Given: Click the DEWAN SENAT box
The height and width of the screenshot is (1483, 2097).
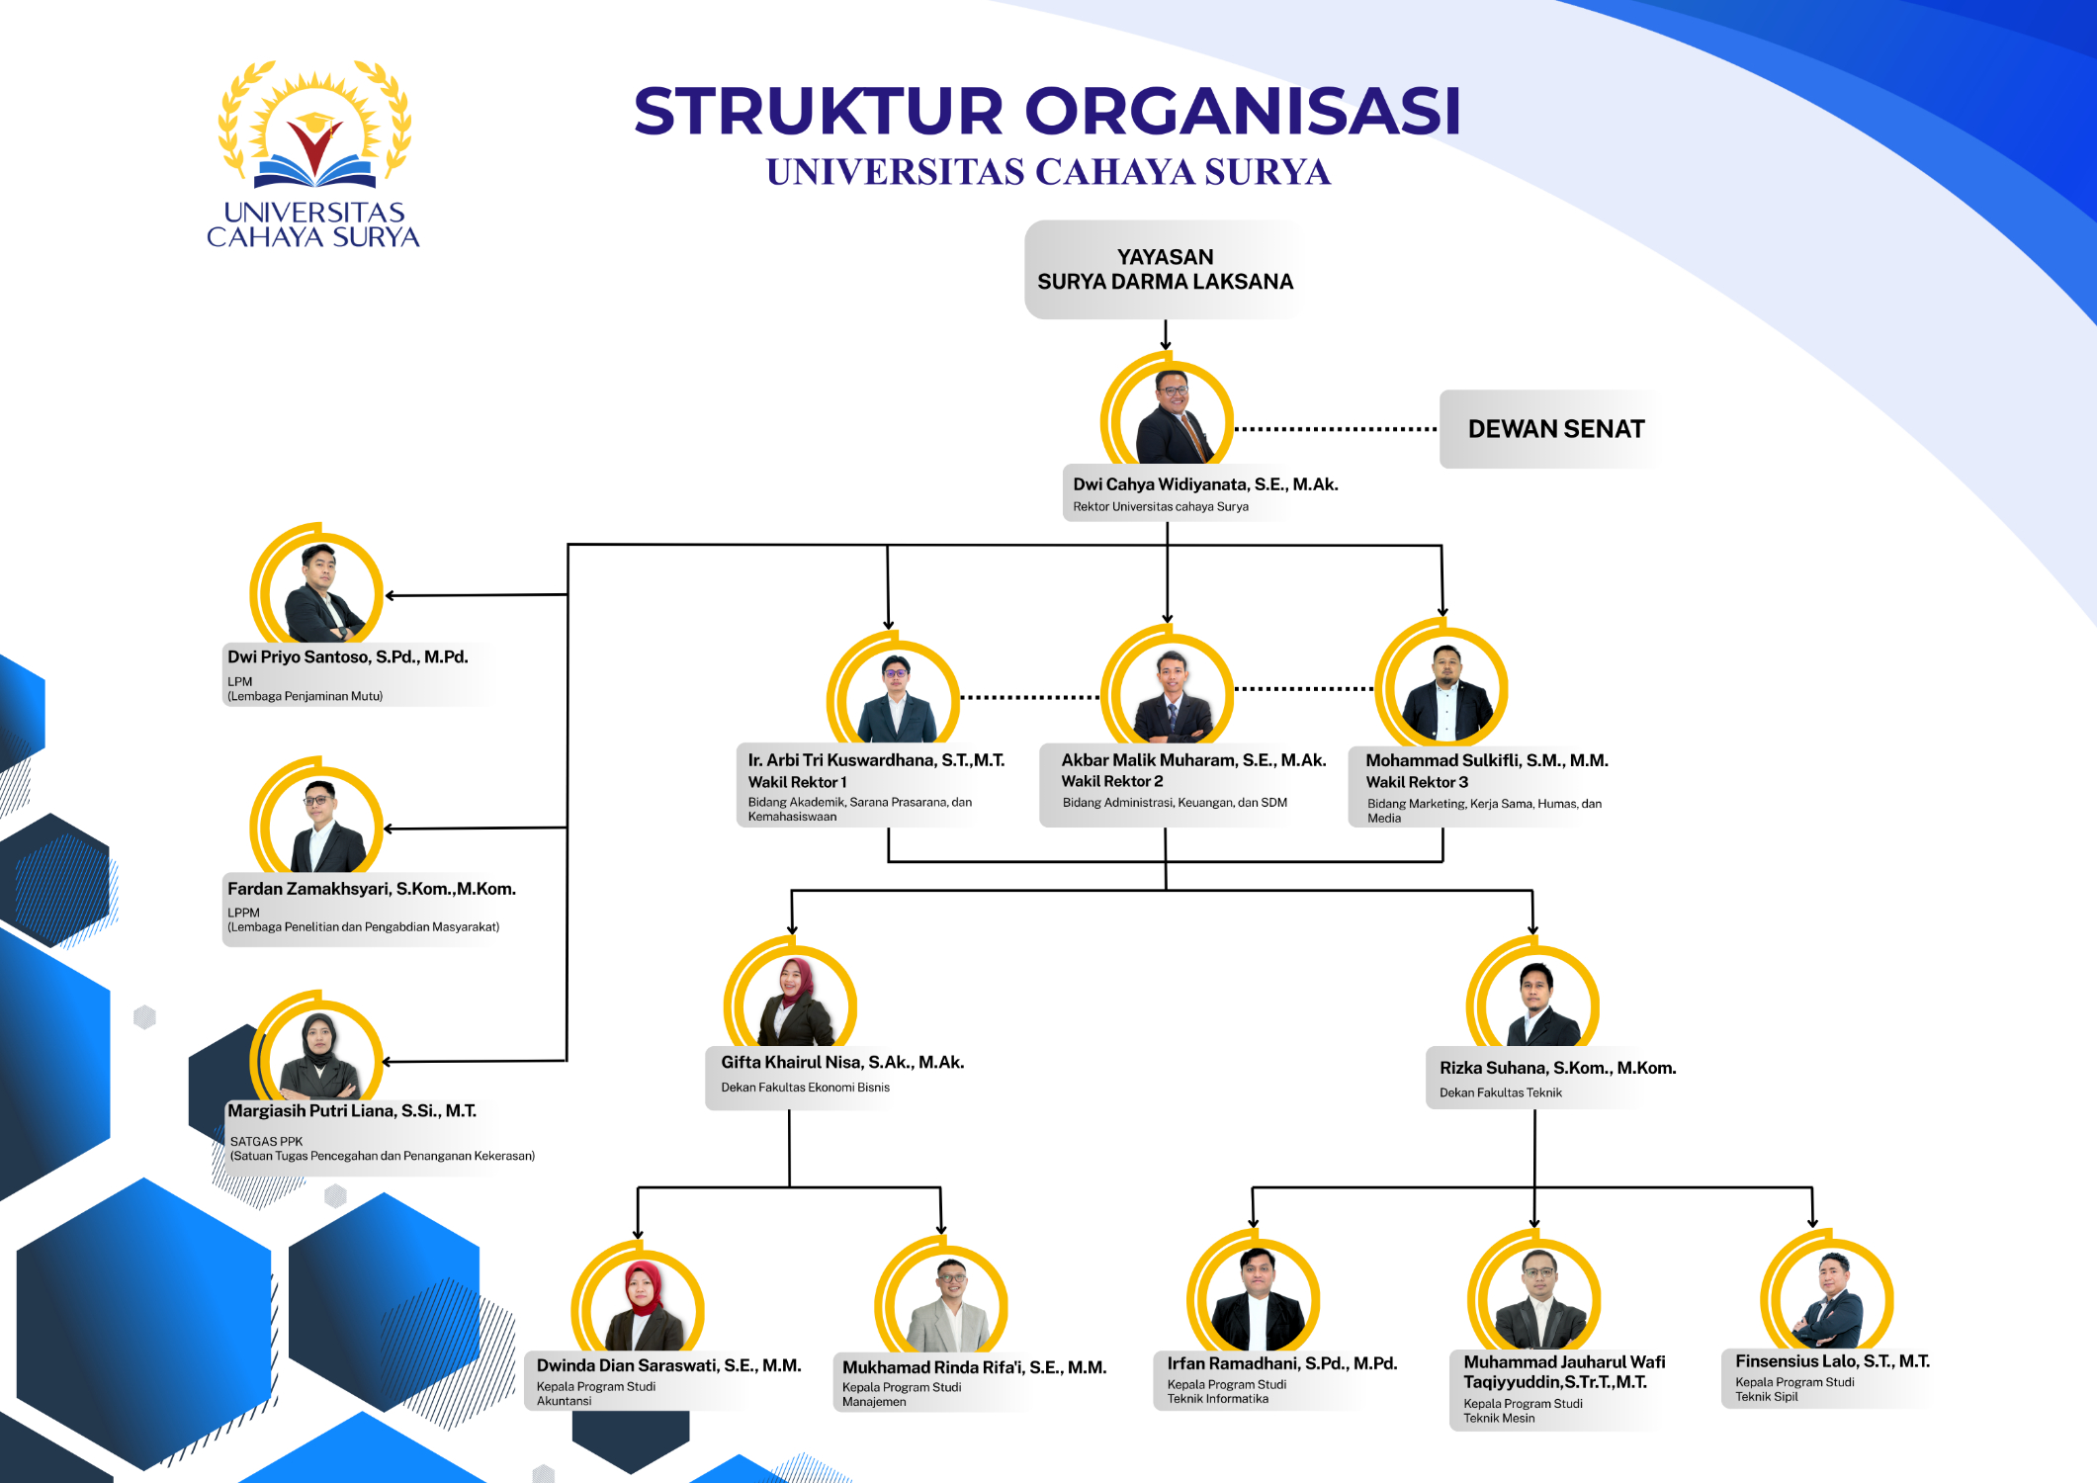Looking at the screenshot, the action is point(1555,429).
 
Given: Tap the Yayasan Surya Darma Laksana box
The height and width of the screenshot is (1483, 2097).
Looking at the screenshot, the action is point(1165,269).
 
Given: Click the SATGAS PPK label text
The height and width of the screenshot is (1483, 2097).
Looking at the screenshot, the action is point(266,1141).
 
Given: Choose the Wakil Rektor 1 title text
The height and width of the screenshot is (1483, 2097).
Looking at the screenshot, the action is point(797,782).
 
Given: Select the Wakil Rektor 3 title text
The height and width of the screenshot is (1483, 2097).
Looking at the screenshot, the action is point(1417,782).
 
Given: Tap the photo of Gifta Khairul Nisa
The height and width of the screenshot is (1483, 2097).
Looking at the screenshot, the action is point(791,995).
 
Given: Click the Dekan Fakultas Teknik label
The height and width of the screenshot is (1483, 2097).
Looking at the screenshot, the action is point(1501,1092).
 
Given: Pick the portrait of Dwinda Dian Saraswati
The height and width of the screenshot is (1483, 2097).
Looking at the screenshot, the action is point(638,1299).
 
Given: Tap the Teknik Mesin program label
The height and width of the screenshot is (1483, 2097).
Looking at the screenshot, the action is point(1499,1418).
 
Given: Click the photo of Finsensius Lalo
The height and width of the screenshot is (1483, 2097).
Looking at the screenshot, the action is point(1827,1290).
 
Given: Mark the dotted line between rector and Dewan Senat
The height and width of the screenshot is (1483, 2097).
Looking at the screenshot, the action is point(1336,429).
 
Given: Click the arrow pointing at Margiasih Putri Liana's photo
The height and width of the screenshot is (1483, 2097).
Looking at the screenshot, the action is point(475,1062).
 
